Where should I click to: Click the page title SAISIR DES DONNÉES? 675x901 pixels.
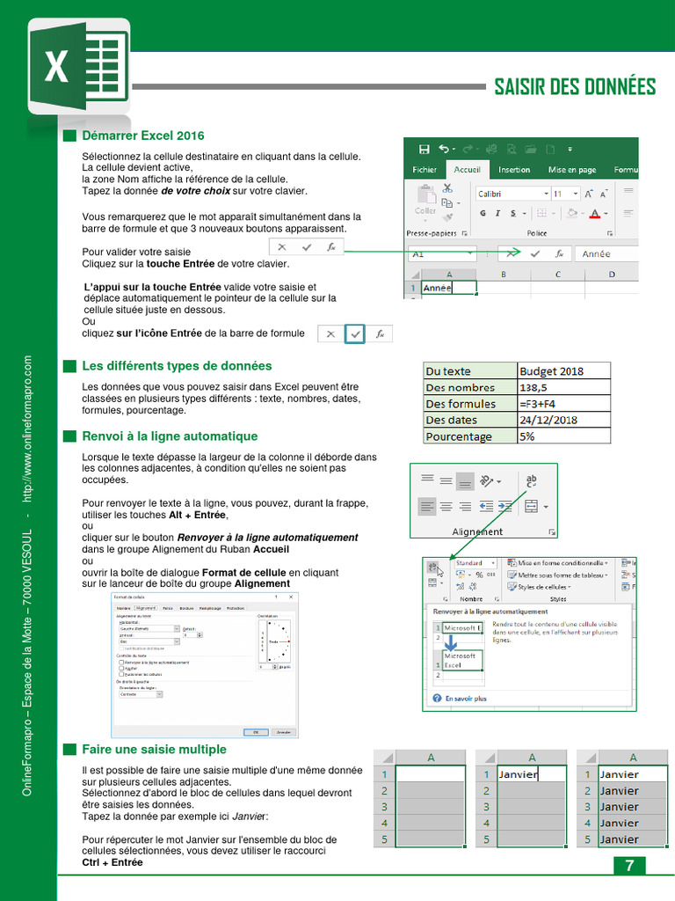[575, 86]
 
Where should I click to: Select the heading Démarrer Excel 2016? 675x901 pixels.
[142, 136]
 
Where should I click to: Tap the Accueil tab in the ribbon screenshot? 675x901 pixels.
[467, 170]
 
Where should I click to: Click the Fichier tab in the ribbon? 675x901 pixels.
[425, 170]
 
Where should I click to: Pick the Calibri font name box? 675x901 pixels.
[508, 194]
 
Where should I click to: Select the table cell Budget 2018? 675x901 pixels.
[562, 371]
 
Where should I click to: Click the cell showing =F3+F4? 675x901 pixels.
[562, 404]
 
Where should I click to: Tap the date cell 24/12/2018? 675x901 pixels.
[562, 420]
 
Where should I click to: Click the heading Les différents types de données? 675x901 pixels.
[177, 366]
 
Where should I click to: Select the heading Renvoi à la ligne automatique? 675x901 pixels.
[170, 436]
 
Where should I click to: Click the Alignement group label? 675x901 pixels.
[477, 531]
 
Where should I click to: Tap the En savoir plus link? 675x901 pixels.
[465, 699]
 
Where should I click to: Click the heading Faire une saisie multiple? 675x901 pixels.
[154, 750]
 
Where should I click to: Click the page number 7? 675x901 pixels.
[628, 865]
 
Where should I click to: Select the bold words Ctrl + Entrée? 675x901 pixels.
[112, 863]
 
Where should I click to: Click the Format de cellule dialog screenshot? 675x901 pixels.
[204, 665]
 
